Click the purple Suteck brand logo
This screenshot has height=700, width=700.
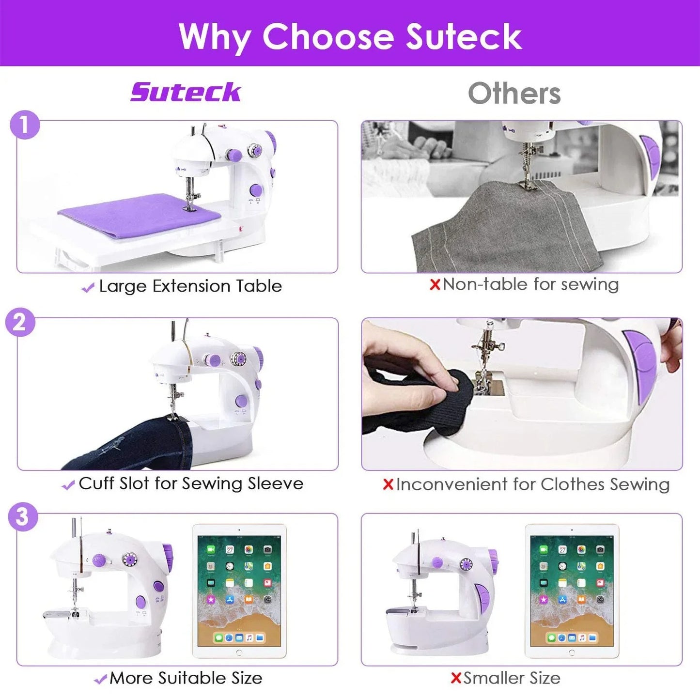pyautogui.click(x=186, y=92)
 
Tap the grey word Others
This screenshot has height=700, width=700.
pyautogui.click(x=514, y=93)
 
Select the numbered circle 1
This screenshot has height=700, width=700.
pyautogui.click(x=24, y=125)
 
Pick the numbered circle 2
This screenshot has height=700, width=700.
pyautogui.click(x=20, y=322)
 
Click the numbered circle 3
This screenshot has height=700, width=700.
pyautogui.click(x=22, y=517)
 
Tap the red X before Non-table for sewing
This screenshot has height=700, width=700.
pyautogui.click(x=435, y=285)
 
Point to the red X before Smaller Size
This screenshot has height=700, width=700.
pyautogui.click(x=455, y=678)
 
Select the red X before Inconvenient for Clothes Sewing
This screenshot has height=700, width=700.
pyautogui.click(x=388, y=484)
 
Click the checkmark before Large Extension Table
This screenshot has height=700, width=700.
pyautogui.click(x=88, y=288)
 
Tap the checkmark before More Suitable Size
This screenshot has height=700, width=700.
pyautogui.click(x=100, y=680)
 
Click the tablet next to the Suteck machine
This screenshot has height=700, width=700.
pyautogui.click(x=239, y=591)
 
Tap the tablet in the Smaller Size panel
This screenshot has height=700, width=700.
pyautogui.click(x=572, y=591)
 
